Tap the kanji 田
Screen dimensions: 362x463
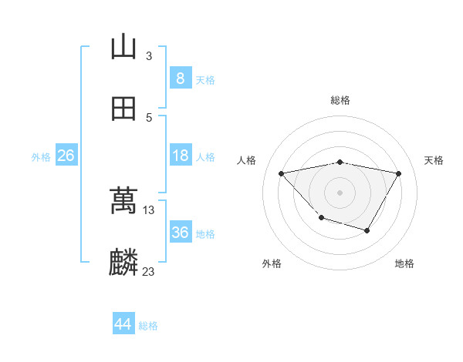tap(123, 109)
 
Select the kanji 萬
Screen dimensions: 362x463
tap(123, 201)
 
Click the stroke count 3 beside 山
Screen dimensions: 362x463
tap(149, 55)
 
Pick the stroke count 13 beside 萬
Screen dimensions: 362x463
tap(149, 209)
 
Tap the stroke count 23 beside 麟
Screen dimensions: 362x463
tap(149, 271)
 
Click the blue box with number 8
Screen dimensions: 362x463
tap(180, 79)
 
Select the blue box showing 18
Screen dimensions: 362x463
tap(180, 156)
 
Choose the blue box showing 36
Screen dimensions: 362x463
tap(180, 233)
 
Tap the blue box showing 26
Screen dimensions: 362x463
tap(66, 156)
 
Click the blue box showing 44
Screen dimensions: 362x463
tap(123, 324)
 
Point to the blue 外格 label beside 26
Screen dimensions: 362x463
tap(41, 157)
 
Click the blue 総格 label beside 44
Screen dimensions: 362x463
tap(148, 326)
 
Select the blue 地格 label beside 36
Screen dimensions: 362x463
tap(205, 234)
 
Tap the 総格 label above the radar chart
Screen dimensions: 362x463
tap(340, 100)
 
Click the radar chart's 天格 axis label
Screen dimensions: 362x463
tap(434, 160)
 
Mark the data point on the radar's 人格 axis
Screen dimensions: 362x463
tap(282, 173)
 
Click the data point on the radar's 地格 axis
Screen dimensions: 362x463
tap(367, 230)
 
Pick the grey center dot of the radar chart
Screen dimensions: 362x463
tap(340, 192)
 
